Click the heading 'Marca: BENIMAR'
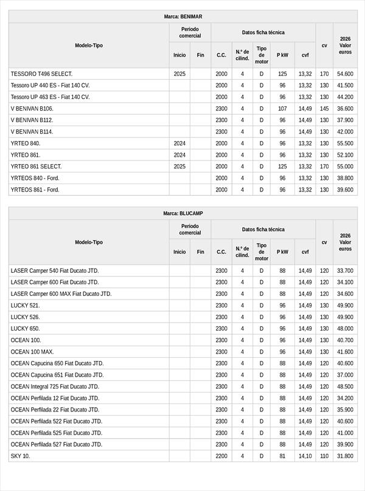182,16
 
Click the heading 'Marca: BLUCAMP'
182,213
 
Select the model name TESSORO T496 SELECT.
41,74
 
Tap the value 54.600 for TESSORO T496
345,74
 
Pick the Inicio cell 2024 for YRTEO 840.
179,143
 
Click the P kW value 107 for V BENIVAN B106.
282,109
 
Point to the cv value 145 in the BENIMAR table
324,109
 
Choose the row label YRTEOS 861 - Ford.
35,190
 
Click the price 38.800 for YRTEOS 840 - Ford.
345,178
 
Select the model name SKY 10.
20,456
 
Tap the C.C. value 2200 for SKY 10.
221,456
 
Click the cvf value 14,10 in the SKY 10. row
305,456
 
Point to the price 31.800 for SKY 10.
345,456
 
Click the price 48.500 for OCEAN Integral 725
345,386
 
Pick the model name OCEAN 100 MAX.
32,352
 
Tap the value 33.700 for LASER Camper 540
345,270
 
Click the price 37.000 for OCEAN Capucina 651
345,375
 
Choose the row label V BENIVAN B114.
32,132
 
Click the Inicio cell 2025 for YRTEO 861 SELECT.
179,167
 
